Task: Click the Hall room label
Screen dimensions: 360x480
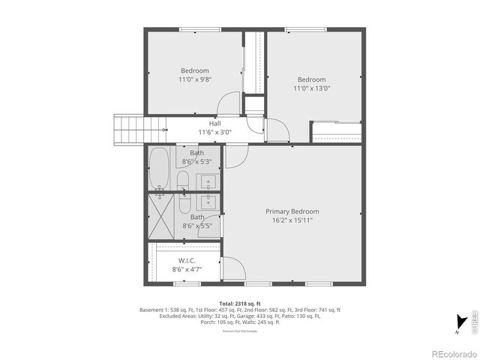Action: click(x=214, y=123)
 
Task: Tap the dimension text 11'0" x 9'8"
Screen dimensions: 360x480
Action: click(x=194, y=79)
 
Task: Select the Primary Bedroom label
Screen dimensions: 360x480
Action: click(x=292, y=211)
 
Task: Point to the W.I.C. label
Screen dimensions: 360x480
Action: click(x=187, y=260)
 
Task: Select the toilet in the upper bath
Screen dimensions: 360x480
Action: click(x=182, y=178)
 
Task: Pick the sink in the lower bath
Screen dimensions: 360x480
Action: click(x=208, y=202)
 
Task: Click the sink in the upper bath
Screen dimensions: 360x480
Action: click(x=208, y=181)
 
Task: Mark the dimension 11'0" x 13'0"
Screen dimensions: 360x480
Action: click(x=311, y=88)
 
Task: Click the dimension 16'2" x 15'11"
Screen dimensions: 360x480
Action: click(x=292, y=220)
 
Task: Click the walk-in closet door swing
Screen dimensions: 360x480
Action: click(x=232, y=267)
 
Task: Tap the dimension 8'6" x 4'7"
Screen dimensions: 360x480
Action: click(x=187, y=269)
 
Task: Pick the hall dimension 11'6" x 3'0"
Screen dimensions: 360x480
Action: click(x=214, y=132)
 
